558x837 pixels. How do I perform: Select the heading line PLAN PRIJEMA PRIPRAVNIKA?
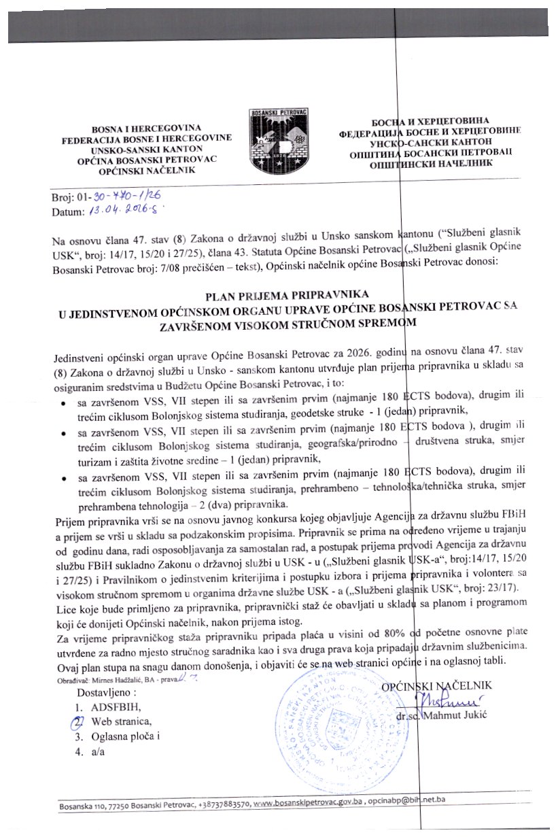[285, 295]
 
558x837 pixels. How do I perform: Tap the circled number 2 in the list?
[79, 721]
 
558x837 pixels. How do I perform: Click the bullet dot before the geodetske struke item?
[63, 404]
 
